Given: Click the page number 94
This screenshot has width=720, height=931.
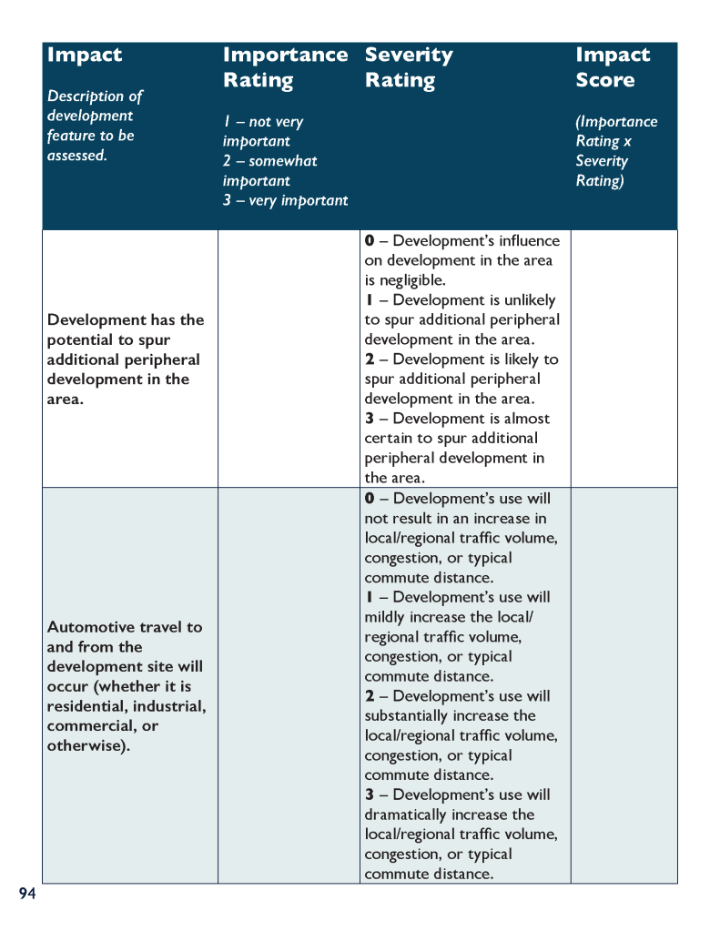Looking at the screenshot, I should (x=27, y=894).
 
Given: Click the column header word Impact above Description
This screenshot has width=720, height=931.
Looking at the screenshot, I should (x=84, y=55).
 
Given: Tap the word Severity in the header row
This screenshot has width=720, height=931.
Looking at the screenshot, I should (x=408, y=55).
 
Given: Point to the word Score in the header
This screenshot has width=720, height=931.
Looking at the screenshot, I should (x=604, y=80).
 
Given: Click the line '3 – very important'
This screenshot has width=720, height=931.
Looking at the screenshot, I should (x=285, y=200).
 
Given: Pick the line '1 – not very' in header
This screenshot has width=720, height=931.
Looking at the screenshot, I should (x=263, y=122).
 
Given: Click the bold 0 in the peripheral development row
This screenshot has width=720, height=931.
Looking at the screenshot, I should (x=370, y=241).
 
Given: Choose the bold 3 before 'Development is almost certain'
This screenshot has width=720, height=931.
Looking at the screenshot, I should (x=370, y=419).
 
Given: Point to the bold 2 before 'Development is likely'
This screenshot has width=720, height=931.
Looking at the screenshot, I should (x=370, y=359).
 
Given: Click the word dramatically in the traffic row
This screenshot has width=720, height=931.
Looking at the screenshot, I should (x=410, y=815).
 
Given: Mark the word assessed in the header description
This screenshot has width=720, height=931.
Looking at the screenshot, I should (x=76, y=156).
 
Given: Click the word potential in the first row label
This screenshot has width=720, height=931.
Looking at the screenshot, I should (x=80, y=339).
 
